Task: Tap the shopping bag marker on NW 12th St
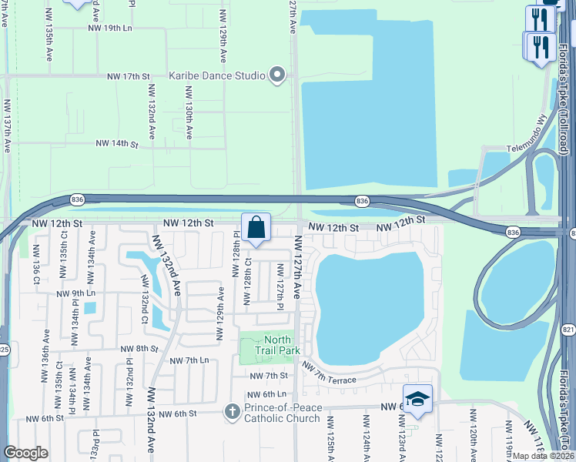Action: pyautogui.click(x=256, y=228)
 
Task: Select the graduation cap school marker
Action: pyautogui.click(x=417, y=399)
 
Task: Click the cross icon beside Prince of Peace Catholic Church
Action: pyautogui.click(x=232, y=411)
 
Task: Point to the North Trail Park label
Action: pyautogui.click(x=277, y=345)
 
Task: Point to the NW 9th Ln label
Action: pyautogui.click(x=75, y=293)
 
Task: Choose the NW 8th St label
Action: pyautogui.click(x=139, y=349)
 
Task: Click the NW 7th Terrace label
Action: pyautogui.click(x=329, y=373)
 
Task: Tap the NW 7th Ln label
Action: pyautogui.click(x=189, y=360)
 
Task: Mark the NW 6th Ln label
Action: pyautogui.click(x=269, y=393)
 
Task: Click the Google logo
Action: pyautogui.click(x=25, y=452)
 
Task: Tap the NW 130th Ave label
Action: pyautogui.click(x=188, y=112)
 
